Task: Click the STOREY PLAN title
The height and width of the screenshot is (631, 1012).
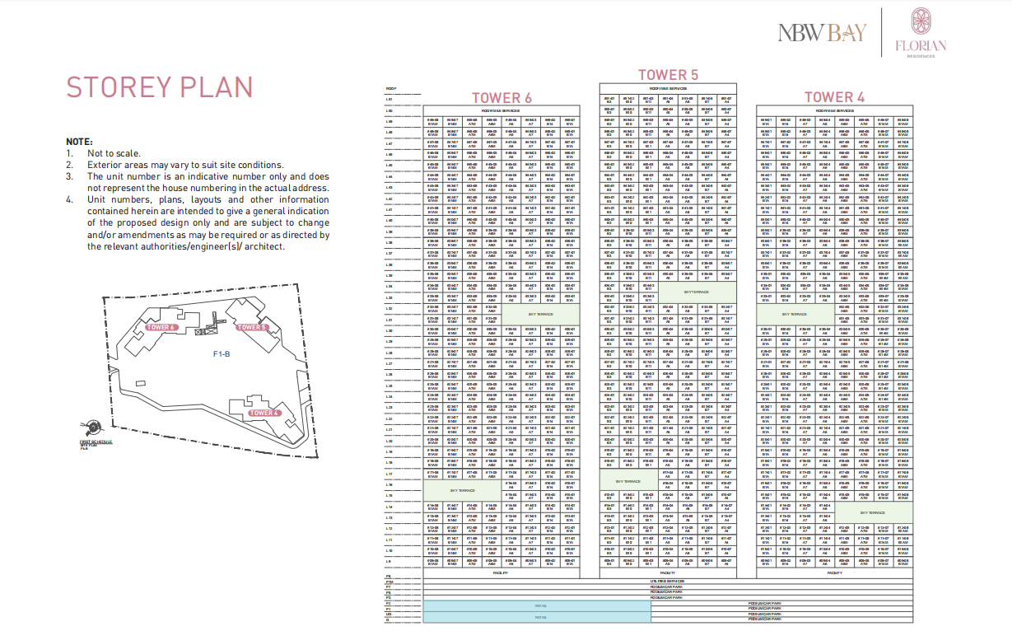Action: tap(160, 87)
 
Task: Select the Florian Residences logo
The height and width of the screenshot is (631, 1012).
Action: tap(921, 33)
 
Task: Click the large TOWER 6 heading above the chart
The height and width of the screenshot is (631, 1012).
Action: tap(501, 98)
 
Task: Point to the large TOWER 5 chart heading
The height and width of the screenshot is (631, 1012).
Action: tap(668, 75)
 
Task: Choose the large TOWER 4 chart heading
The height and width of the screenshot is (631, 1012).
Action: tap(834, 97)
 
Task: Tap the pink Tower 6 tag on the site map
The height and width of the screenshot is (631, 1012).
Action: tap(162, 327)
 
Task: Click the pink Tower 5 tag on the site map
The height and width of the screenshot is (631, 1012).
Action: tap(253, 327)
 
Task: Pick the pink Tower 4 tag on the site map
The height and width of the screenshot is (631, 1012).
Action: tap(265, 413)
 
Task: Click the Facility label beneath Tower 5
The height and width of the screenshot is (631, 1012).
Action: tap(668, 573)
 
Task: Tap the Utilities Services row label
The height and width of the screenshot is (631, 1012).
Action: tap(668, 581)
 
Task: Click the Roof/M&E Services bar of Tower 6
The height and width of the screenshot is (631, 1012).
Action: tap(501, 110)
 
